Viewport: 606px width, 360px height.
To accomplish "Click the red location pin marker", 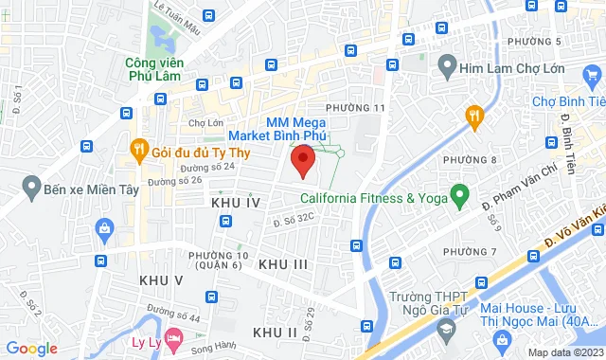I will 302,161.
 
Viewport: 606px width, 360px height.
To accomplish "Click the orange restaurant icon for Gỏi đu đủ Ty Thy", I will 138,149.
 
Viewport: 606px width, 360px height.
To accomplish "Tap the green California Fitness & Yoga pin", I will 460,197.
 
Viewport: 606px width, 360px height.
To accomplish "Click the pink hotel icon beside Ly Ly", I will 173,337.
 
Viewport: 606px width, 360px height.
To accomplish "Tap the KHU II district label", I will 276,331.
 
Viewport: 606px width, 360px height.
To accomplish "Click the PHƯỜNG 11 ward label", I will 355,108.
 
